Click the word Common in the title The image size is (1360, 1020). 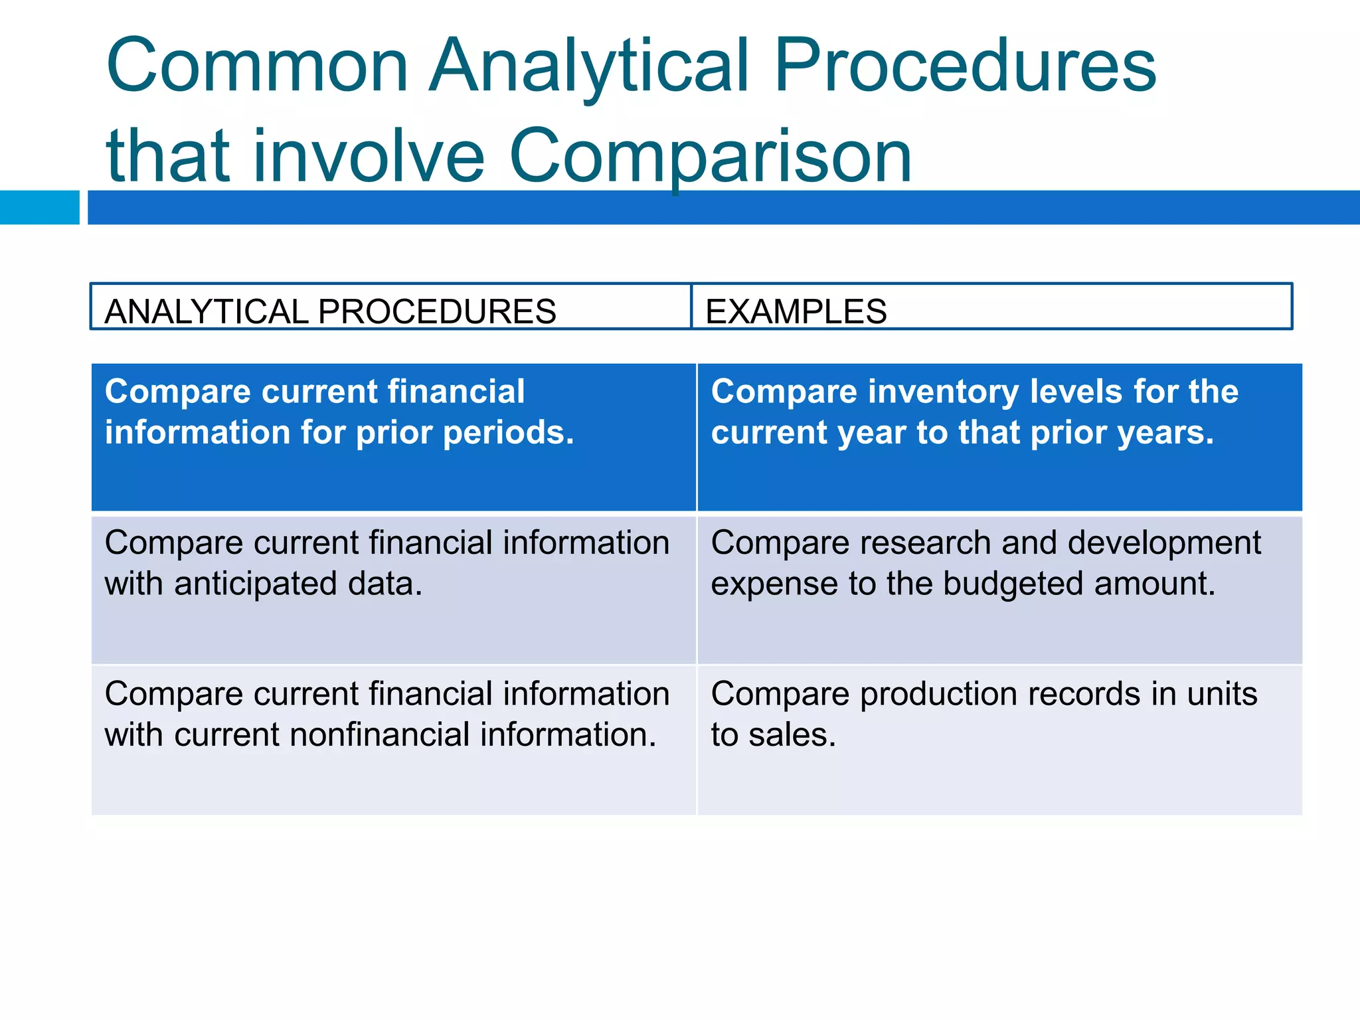(257, 66)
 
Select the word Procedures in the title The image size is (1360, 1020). (965, 66)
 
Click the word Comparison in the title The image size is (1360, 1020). (710, 157)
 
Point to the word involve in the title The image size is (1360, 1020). (369, 157)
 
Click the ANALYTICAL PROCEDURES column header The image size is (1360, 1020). (330, 311)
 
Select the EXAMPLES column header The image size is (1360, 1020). (796, 311)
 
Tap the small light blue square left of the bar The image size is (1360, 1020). (39, 207)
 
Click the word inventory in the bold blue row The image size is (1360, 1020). (943, 392)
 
